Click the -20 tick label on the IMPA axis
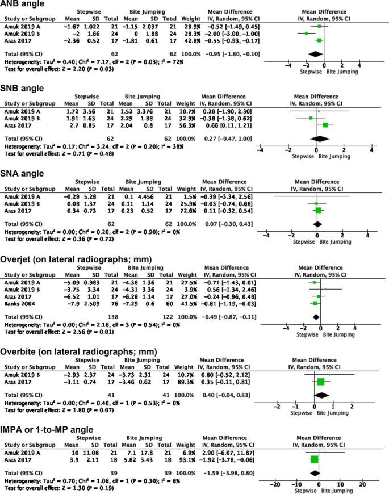[274, 484]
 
